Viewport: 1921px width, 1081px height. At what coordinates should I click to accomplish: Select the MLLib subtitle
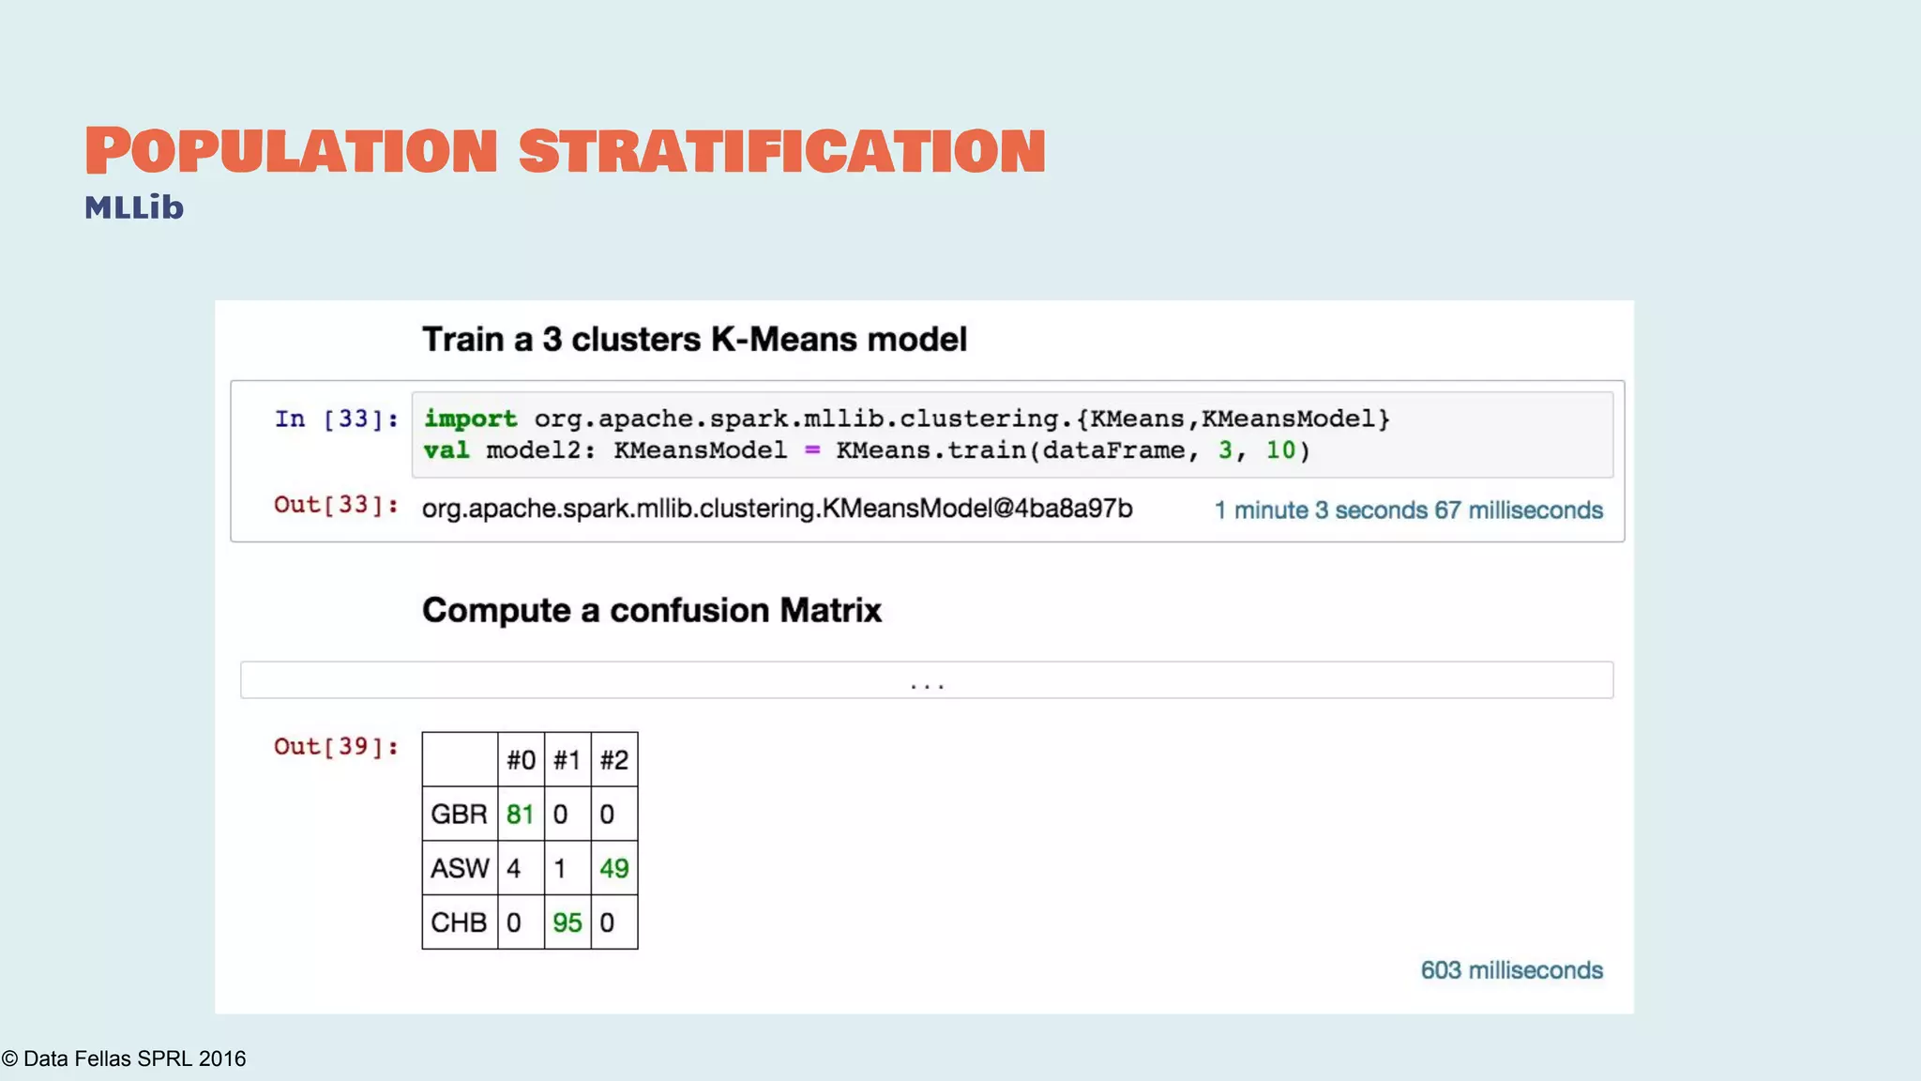click(134, 207)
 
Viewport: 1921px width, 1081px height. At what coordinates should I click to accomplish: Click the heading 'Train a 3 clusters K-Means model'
click(694, 340)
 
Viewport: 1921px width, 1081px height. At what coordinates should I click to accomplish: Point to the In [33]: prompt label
click(336, 419)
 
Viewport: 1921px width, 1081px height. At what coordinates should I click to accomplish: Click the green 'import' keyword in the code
click(470, 419)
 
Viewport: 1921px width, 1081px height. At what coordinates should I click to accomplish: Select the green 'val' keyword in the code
click(446, 450)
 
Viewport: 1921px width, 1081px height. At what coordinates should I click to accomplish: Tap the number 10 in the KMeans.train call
click(1280, 450)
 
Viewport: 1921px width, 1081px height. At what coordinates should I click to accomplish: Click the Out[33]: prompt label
click(336, 505)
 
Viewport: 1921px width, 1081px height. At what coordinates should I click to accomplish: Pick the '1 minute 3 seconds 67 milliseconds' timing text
click(1408, 510)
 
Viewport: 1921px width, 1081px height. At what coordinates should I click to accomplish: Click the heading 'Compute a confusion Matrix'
click(652, 611)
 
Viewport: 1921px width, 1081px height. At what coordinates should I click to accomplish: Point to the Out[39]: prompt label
click(336, 747)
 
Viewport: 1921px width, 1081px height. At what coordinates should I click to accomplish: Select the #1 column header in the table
click(567, 760)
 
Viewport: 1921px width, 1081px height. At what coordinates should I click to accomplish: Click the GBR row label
click(459, 815)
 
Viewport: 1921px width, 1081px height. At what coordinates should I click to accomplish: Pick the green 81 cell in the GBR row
click(520, 815)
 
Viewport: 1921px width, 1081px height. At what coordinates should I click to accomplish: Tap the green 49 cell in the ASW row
click(614, 869)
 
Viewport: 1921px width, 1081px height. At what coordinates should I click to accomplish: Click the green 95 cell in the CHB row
click(567, 923)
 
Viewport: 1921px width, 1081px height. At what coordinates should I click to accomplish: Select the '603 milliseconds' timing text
click(1511, 970)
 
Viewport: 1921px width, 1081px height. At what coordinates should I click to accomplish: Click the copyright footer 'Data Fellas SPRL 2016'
click(124, 1058)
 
